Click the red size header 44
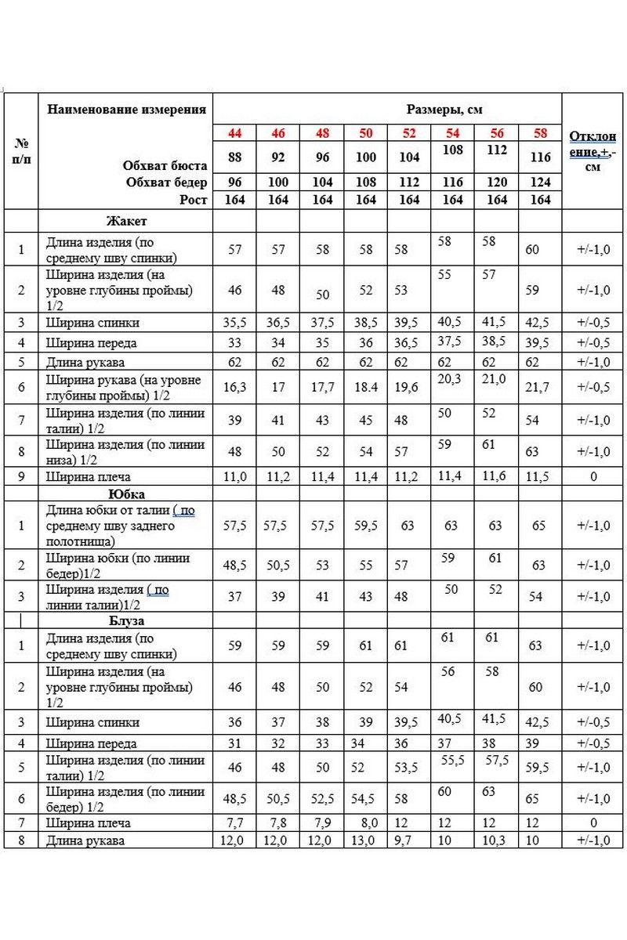coord(234,133)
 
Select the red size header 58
coord(541,133)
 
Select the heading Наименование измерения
coord(127,109)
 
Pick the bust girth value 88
coord(234,157)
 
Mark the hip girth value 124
coord(541,183)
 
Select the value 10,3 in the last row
coord(495,841)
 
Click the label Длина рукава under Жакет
coord(85,363)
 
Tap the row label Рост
coord(192,200)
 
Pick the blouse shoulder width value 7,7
coord(234,823)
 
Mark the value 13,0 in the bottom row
coord(366,841)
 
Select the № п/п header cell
coord(21,150)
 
